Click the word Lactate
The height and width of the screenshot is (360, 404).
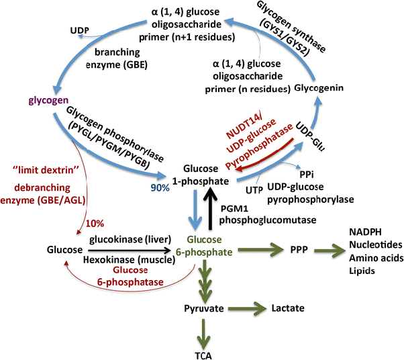288,308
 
